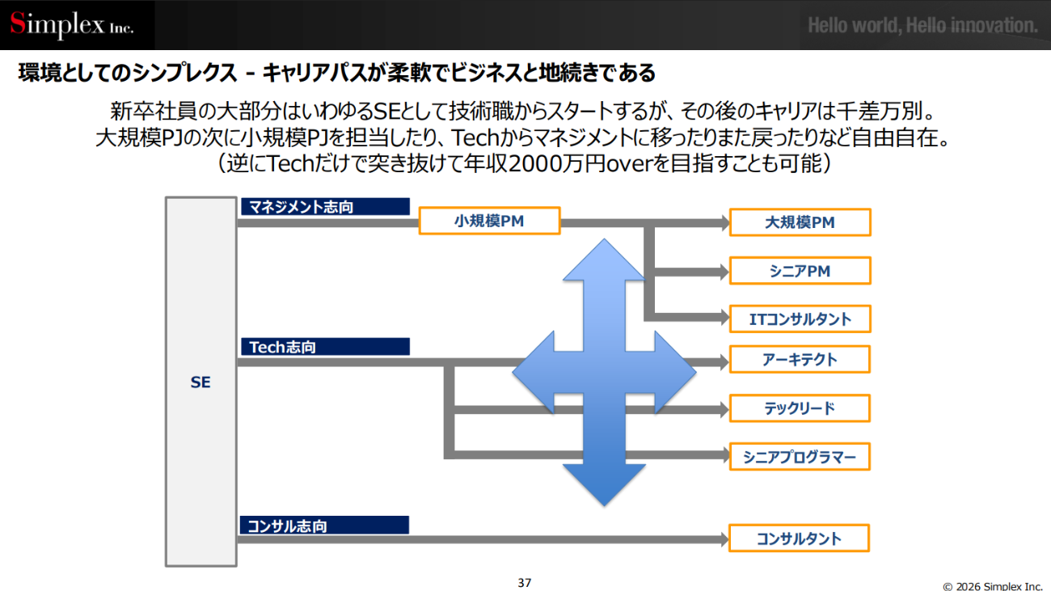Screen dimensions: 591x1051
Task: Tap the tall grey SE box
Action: [200, 382]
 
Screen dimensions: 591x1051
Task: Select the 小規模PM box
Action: [489, 221]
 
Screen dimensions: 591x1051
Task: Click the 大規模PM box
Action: [800, 222]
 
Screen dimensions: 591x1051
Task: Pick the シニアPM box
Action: [800, 271]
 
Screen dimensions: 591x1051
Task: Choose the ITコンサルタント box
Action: [800, 319]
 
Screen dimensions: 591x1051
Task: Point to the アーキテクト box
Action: [800, 360]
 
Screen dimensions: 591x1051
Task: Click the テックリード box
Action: [800, 408]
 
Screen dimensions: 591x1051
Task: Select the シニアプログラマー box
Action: [800, 458]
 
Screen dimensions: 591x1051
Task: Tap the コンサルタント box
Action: [799, 538]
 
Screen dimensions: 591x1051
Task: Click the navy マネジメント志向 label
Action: [325, 207]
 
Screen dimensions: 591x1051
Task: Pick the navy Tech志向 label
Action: [325, 347]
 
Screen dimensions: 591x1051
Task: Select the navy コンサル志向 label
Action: [324, 526]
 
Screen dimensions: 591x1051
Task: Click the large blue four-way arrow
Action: [605, 372]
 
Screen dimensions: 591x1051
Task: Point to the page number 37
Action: [525, 582]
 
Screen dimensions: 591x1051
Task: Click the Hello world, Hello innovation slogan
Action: [922, 26]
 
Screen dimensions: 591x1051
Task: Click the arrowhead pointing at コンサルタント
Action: [722, 539]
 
